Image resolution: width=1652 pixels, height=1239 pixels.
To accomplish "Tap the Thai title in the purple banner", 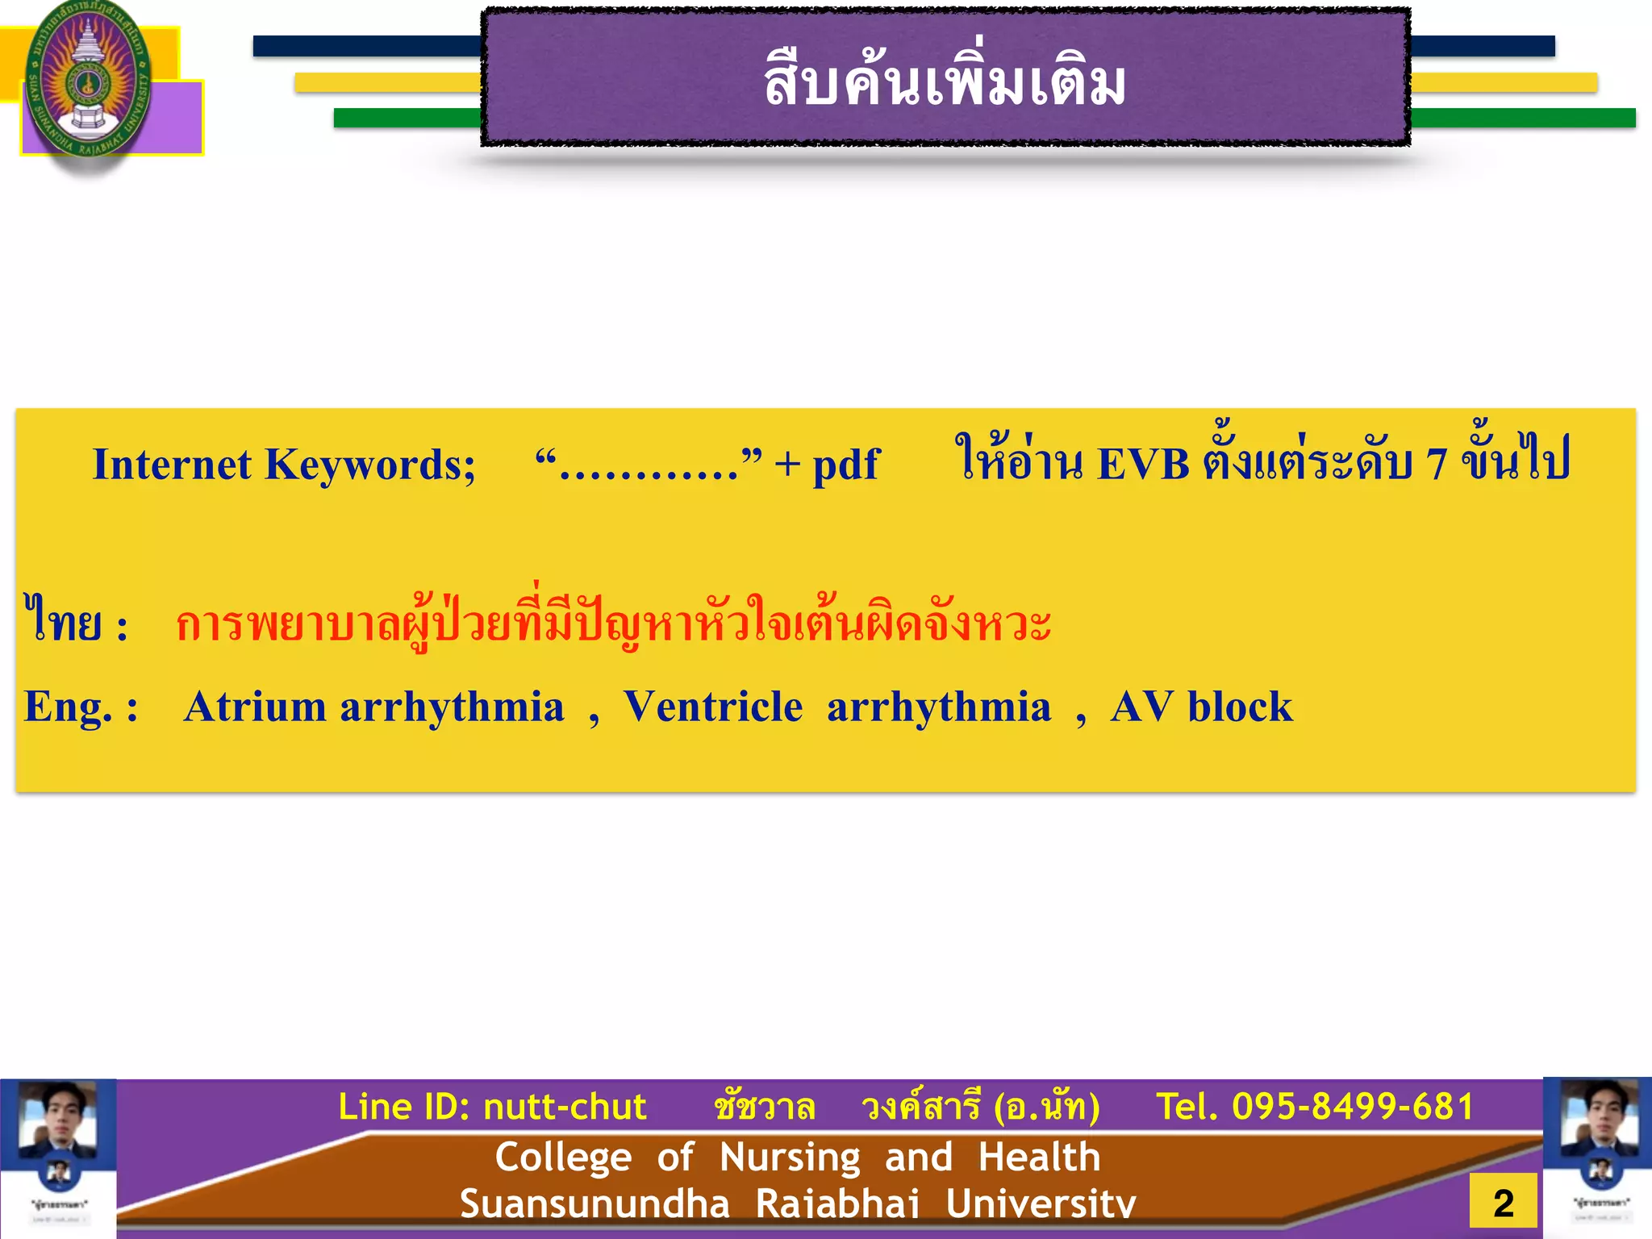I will coord(945,82).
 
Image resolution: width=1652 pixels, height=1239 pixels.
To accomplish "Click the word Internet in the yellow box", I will coord(172,465).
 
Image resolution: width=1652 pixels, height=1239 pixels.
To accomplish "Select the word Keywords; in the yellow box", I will coord(370,466).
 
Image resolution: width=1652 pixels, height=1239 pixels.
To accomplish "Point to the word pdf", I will coord(845,466).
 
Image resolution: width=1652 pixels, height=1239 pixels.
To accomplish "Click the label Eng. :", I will coord(81,707).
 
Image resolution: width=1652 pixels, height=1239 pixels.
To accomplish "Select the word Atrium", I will coord(254,707).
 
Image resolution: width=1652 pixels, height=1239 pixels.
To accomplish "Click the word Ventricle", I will coord(712,707).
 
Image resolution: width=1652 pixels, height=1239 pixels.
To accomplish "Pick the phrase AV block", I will coord(1201,707).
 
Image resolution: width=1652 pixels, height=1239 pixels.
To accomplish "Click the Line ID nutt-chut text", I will coord(492,1107).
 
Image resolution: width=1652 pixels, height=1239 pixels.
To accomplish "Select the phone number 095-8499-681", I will coord(1353,1107).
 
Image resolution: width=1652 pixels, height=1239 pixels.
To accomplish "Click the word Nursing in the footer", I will coord(790,1158).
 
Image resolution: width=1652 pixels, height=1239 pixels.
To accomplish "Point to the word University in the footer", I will coord(1041,1204).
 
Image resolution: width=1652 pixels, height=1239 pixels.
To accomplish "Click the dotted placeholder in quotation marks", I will coord(649,466).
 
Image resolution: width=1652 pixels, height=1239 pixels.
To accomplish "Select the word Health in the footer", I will coord(1039,1158).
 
